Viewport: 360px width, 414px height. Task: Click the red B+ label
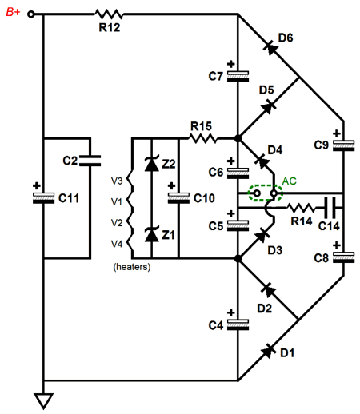(x=13, y=12)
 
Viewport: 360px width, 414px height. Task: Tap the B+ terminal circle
(x=31, y=14)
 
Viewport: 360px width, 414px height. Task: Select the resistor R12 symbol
(x=109, y=14)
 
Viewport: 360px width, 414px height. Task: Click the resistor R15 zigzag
(x=202, y=138)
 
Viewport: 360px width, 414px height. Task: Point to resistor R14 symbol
(x=301, y=208)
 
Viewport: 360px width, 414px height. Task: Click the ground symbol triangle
(x=43, y=400)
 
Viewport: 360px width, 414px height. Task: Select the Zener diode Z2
(x=152, y=164)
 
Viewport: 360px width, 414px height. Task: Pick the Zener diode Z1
(x=152, y=234)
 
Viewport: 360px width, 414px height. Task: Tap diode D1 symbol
(x=269, y=351)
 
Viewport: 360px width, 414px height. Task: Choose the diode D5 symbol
(x=269, y=106)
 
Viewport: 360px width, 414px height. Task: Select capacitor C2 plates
(x=90, y=161)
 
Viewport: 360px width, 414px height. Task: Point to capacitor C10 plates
(x=178, y=198)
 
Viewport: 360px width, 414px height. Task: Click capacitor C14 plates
(x=331, y=208)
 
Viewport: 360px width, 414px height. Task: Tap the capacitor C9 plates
(x=344, y=145)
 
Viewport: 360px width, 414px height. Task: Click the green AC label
(x=289, y=181)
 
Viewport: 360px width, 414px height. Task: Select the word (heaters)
(x=132, y=267)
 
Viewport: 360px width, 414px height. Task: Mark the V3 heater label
(x=117, y=181)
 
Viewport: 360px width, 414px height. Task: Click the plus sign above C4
(x=231, y=312)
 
